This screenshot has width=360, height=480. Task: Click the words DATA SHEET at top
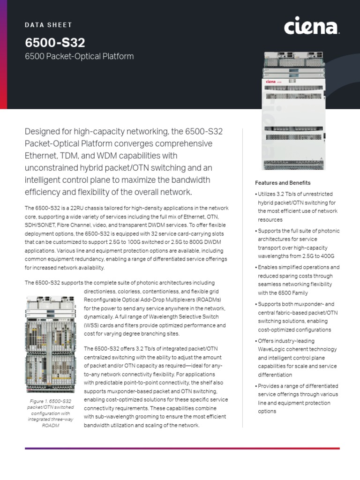[48, 25]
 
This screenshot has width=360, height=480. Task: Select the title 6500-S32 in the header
[55, 43]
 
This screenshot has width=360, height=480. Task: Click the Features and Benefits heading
[282, 183]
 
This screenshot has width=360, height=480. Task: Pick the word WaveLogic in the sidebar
[274, 349]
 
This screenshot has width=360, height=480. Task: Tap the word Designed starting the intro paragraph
[45, 131]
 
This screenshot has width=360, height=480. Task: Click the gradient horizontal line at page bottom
[182, 448]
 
